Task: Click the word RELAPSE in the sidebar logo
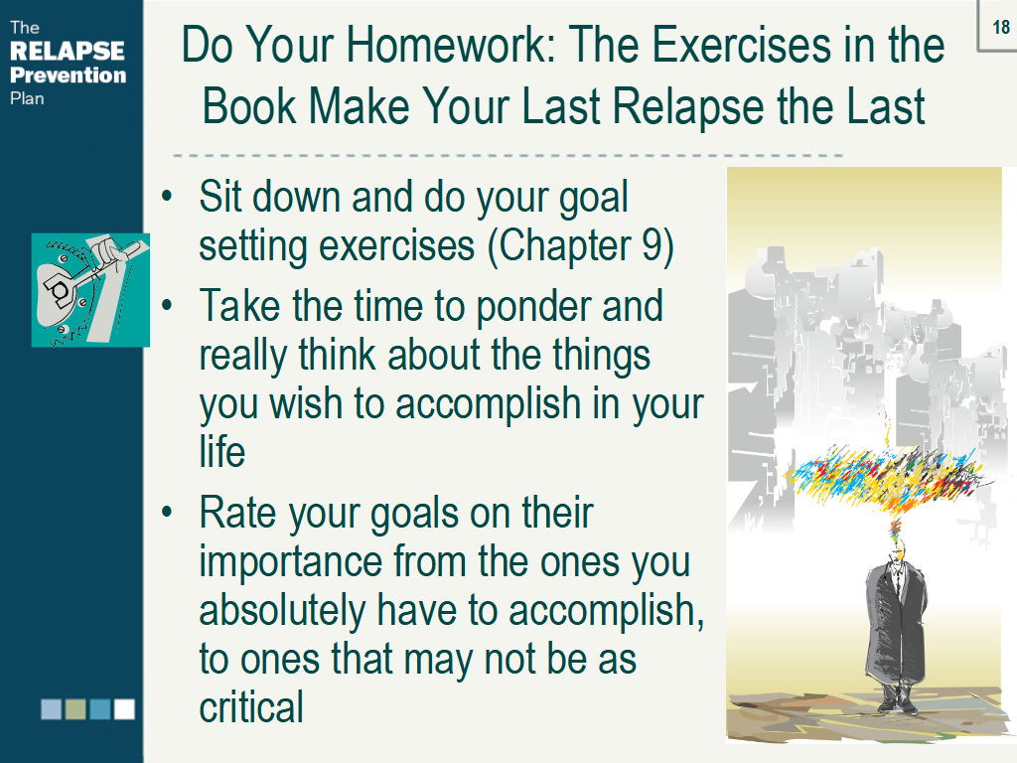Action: [67, 51]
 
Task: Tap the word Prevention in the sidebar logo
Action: [68, 75]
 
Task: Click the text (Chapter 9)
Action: [581, 245]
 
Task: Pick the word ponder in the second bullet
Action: [547, 306]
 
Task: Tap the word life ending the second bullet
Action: [221, 451]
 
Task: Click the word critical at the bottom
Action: [251, 707]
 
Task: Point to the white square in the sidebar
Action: [124, 709]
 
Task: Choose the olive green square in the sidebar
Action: [75, 709]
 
